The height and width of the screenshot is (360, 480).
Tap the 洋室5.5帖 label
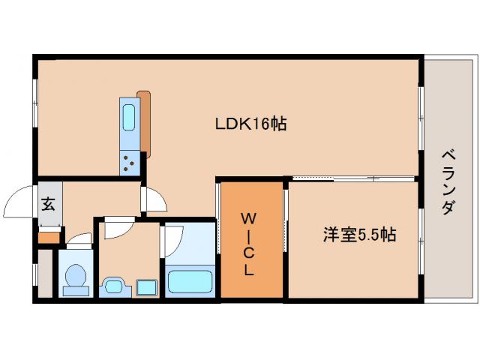[359, 235]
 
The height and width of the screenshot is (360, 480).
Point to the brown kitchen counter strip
[144, 124]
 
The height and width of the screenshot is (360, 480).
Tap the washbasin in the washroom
[114, 285]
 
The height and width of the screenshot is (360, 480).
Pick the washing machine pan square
[145, 286]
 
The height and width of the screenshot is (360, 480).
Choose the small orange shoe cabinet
[48, 238]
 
